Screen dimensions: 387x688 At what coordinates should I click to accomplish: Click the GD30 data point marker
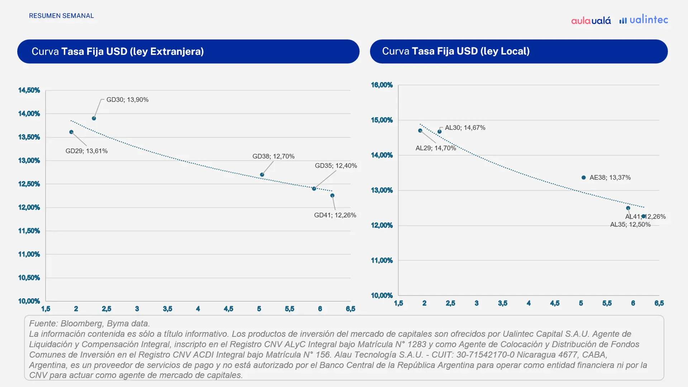click(94, 118)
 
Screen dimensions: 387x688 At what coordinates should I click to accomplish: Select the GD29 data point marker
click(71, 132)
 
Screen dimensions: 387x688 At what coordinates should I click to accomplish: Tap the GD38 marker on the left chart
click(262, 175)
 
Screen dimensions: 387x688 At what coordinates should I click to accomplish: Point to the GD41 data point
click(333, 196)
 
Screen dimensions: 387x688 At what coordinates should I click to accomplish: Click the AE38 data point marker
click(584, 178)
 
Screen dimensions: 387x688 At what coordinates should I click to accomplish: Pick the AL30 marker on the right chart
click(440, 132)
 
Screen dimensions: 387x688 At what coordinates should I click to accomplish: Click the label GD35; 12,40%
click(336, 166)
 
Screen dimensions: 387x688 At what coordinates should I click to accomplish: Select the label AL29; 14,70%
click(436, 148)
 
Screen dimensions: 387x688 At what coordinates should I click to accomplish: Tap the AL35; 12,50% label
click(630, 225)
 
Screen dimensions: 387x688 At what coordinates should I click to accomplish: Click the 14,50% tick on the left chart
click(29, 90)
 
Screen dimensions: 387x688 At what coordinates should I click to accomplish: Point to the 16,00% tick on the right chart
click(382, 85)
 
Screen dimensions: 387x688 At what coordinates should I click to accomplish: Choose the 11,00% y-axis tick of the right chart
click(382, 261)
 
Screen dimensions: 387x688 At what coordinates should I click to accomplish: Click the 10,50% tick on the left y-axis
click(29, 278)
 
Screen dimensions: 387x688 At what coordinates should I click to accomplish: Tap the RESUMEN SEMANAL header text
click(61, 16)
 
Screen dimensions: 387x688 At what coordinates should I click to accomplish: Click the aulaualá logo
click(591, 20)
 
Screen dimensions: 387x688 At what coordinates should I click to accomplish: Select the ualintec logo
click(644, 20)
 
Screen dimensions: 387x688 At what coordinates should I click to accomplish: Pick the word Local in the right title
click(515, 51)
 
